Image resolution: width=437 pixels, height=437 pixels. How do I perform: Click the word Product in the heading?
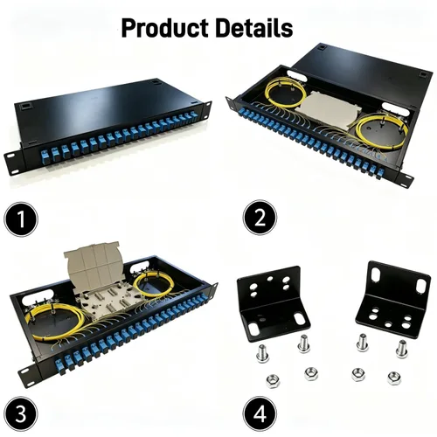[x=165, y=28]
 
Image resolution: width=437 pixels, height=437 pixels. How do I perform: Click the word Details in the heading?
[x=254, y=28]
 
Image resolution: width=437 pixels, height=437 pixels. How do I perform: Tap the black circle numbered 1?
[x=21, y=219]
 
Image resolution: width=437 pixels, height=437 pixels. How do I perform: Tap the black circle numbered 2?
[x=260, y=218]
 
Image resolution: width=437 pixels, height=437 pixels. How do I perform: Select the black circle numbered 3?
[x=21, y=414]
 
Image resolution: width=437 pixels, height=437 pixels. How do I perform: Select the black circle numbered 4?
[x=260, y=413]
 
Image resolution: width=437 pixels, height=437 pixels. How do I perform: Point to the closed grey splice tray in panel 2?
[x=330, y=110]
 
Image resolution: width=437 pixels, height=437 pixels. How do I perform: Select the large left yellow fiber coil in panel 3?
[x=55, y=322]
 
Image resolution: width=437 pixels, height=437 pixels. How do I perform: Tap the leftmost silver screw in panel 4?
[x=262, y=353]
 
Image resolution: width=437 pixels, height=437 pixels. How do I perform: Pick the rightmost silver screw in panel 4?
[x=402, y=349]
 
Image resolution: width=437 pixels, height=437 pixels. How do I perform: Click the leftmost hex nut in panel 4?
[x=273, y=381]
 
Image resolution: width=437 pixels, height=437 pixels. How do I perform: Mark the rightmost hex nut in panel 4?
[x=394, y=378]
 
